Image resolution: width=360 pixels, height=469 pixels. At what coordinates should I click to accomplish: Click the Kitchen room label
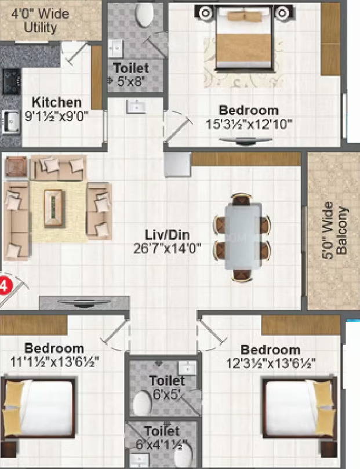(56, 102)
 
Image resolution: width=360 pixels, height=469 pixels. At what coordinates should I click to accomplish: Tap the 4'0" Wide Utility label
(40, 21)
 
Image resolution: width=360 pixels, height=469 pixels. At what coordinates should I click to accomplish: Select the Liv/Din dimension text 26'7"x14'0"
(167, 249)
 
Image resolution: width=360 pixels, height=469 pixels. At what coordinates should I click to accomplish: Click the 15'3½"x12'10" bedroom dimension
(249, 124)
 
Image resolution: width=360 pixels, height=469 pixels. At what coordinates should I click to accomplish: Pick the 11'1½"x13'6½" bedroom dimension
(54, 362)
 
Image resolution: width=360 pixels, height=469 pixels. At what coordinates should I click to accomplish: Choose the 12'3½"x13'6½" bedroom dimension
(271, 363)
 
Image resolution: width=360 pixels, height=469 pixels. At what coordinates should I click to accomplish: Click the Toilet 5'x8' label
(130, 74)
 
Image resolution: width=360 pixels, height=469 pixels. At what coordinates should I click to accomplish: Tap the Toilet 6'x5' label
(167, 387)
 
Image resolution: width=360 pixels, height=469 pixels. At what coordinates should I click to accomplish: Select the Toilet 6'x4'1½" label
(162, 437)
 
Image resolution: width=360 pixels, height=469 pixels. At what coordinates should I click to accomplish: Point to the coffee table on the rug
(54, 208)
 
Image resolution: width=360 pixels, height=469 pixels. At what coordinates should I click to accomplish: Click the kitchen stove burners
(12, 81)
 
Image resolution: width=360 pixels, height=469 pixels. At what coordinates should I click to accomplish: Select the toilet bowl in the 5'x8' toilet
(145, 14)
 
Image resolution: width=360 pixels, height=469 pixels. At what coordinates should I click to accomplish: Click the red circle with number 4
(3, 286)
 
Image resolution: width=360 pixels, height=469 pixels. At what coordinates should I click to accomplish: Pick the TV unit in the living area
(84, 303)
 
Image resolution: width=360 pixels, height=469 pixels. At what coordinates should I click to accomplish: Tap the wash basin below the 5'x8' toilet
(136, 107)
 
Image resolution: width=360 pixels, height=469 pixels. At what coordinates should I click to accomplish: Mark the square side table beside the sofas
(16, 166)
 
